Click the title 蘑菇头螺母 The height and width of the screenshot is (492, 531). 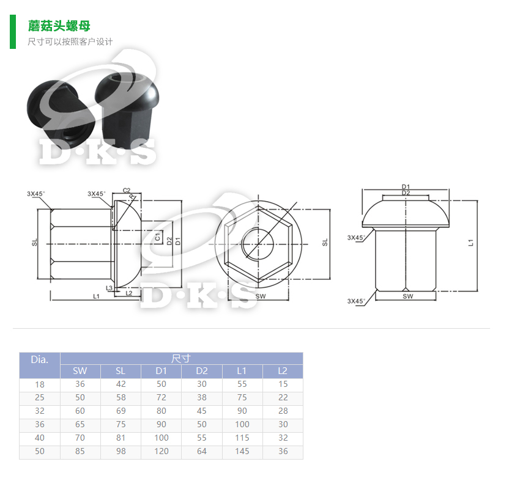tap(59, 26)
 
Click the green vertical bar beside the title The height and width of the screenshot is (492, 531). tap(13, 32)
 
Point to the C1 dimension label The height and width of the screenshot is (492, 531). tap(157, 237)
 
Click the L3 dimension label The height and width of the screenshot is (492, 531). tap(109, 287)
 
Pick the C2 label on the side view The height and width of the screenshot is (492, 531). tap(127, 191)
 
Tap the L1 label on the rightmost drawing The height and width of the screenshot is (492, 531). tap(470, 243)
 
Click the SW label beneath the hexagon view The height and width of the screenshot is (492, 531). tap(261, 296)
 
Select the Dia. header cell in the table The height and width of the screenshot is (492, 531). tap(40, 359)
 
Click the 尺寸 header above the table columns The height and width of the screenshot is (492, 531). tap(181, 359)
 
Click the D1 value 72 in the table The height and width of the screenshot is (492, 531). tap(161, 398)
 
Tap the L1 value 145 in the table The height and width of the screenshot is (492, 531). tap(242, 452)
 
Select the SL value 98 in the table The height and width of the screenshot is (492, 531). tap(121, 452)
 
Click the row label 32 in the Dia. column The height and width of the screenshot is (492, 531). tap(40, 411)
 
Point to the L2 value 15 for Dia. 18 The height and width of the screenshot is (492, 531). tap(283, 384)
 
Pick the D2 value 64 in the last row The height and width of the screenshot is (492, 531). tap(202, 452)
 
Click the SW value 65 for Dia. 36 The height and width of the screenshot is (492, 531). tap(80, 425)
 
